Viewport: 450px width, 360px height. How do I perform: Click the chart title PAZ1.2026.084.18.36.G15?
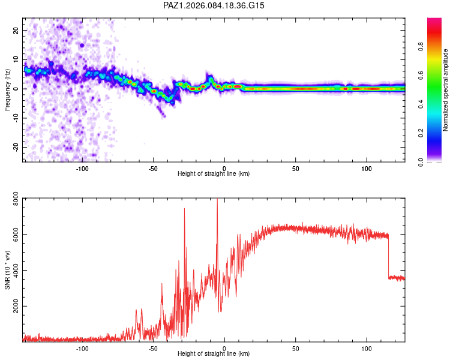tap(214, 5)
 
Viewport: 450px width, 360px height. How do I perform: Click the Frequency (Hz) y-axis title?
tap(7, 89)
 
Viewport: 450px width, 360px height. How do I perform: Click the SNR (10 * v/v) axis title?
tap(7, 270)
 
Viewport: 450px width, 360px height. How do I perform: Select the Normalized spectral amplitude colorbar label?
tap(445, 91)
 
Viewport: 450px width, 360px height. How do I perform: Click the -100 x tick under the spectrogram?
tap(82, 169)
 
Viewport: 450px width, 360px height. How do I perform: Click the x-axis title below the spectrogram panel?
tap(214, 174)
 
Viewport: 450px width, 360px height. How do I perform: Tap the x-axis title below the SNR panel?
tap(214, 354)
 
